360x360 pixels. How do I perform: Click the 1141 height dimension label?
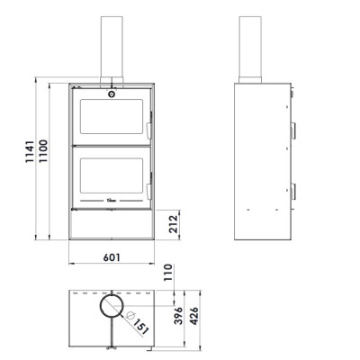click(x=30, y=151)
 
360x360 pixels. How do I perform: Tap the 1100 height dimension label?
click(x=43, y=151)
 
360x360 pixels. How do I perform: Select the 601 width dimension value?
click(x=112, y=257)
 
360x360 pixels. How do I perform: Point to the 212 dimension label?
click(x=174, y=224)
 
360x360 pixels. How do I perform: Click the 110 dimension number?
click(x=168, y=273)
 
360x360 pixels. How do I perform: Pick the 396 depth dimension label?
click(x=178, y=315)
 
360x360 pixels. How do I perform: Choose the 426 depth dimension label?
click(x=194, y=316)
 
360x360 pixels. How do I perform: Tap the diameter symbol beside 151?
click(x=130, y=315)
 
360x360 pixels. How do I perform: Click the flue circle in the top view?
click(x=100, y=306)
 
